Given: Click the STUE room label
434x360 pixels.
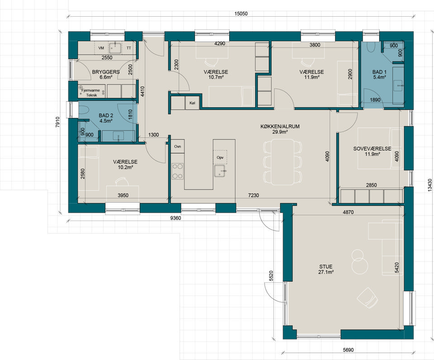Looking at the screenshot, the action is pos(326,267).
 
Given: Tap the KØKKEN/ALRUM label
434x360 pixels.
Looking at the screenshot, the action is pos(280,126).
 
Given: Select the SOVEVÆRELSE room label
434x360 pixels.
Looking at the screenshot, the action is pos(372,149).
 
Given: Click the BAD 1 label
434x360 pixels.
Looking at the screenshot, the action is pos(379,72).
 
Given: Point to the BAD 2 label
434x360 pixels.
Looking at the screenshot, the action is pos(106,116).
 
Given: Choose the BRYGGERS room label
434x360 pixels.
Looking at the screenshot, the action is pos(106,72).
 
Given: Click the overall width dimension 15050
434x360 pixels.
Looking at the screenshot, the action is pos(241,14).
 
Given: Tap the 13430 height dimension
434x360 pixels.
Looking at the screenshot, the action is pos(429,185).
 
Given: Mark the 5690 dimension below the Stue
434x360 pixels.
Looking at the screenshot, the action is pos(348,350).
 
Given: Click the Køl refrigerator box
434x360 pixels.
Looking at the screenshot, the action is pos(193,103).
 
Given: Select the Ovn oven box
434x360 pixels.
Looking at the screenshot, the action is pos(177,146).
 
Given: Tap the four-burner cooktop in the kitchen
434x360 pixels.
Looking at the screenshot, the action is pos(177,171).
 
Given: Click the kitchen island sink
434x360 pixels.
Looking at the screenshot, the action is pos(220,171).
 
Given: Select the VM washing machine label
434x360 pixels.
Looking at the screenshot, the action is pos(101,48).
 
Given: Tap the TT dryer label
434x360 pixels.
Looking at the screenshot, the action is pos(129,48).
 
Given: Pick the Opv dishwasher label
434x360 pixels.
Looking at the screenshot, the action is pos(220,157).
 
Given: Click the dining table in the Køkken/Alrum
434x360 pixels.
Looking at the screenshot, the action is pos(283,162).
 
